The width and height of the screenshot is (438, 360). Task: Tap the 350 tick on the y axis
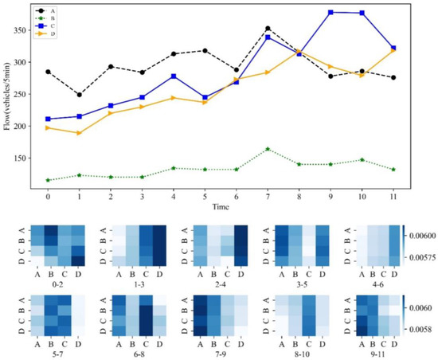click(29, 29)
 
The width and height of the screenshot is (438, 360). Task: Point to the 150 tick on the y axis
click(29, 158)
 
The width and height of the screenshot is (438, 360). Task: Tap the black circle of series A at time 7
click(268, 29)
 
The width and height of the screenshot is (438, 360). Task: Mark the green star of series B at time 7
click(268, 149)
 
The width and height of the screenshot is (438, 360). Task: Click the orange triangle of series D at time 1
click(79, 133)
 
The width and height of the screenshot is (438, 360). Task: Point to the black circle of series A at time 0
click(48, 72)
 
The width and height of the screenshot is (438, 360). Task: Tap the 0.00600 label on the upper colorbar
click(421, 236)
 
